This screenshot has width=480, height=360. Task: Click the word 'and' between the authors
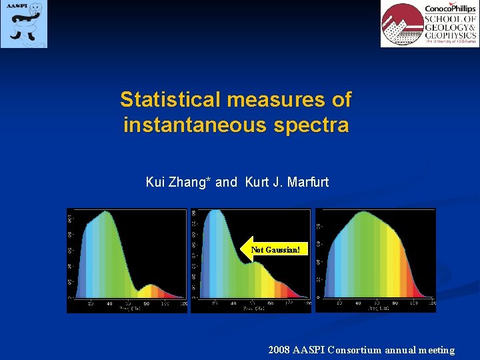click(226, 181)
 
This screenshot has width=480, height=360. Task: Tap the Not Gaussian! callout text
click(276, 250)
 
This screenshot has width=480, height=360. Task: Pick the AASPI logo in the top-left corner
click(24, 24)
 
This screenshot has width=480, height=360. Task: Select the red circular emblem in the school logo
click(401, 25)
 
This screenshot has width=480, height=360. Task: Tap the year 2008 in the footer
click(279, 349)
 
